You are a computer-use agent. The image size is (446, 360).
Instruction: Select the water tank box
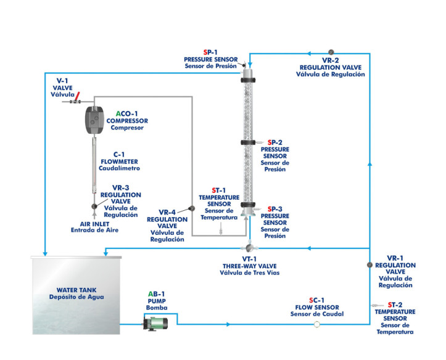pos(76,296)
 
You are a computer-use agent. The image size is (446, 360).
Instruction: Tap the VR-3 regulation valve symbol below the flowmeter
pos(94,207)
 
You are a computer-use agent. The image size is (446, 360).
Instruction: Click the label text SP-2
pos(275,142)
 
